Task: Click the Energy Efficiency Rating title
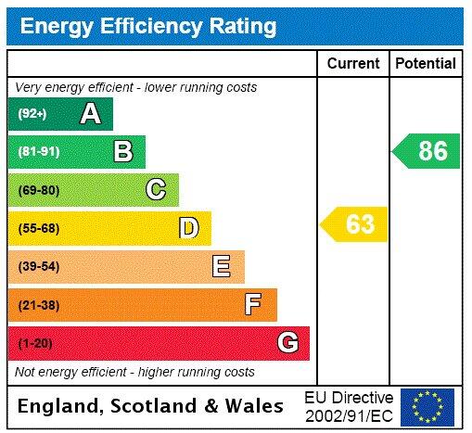148,25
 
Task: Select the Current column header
353,64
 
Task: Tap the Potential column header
426,64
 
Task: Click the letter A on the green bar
90,114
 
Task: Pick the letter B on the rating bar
122,152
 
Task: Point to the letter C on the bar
156,190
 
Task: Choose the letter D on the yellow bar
188,228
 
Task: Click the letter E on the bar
221,267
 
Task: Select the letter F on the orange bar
253,304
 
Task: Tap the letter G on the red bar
287,343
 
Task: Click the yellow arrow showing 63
355,224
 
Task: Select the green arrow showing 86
427,151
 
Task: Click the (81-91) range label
38,152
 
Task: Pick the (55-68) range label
38,228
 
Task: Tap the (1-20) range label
35,343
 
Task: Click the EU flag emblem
427,406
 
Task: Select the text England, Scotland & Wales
151,406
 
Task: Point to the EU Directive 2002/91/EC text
349,406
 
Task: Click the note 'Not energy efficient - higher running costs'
134,372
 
